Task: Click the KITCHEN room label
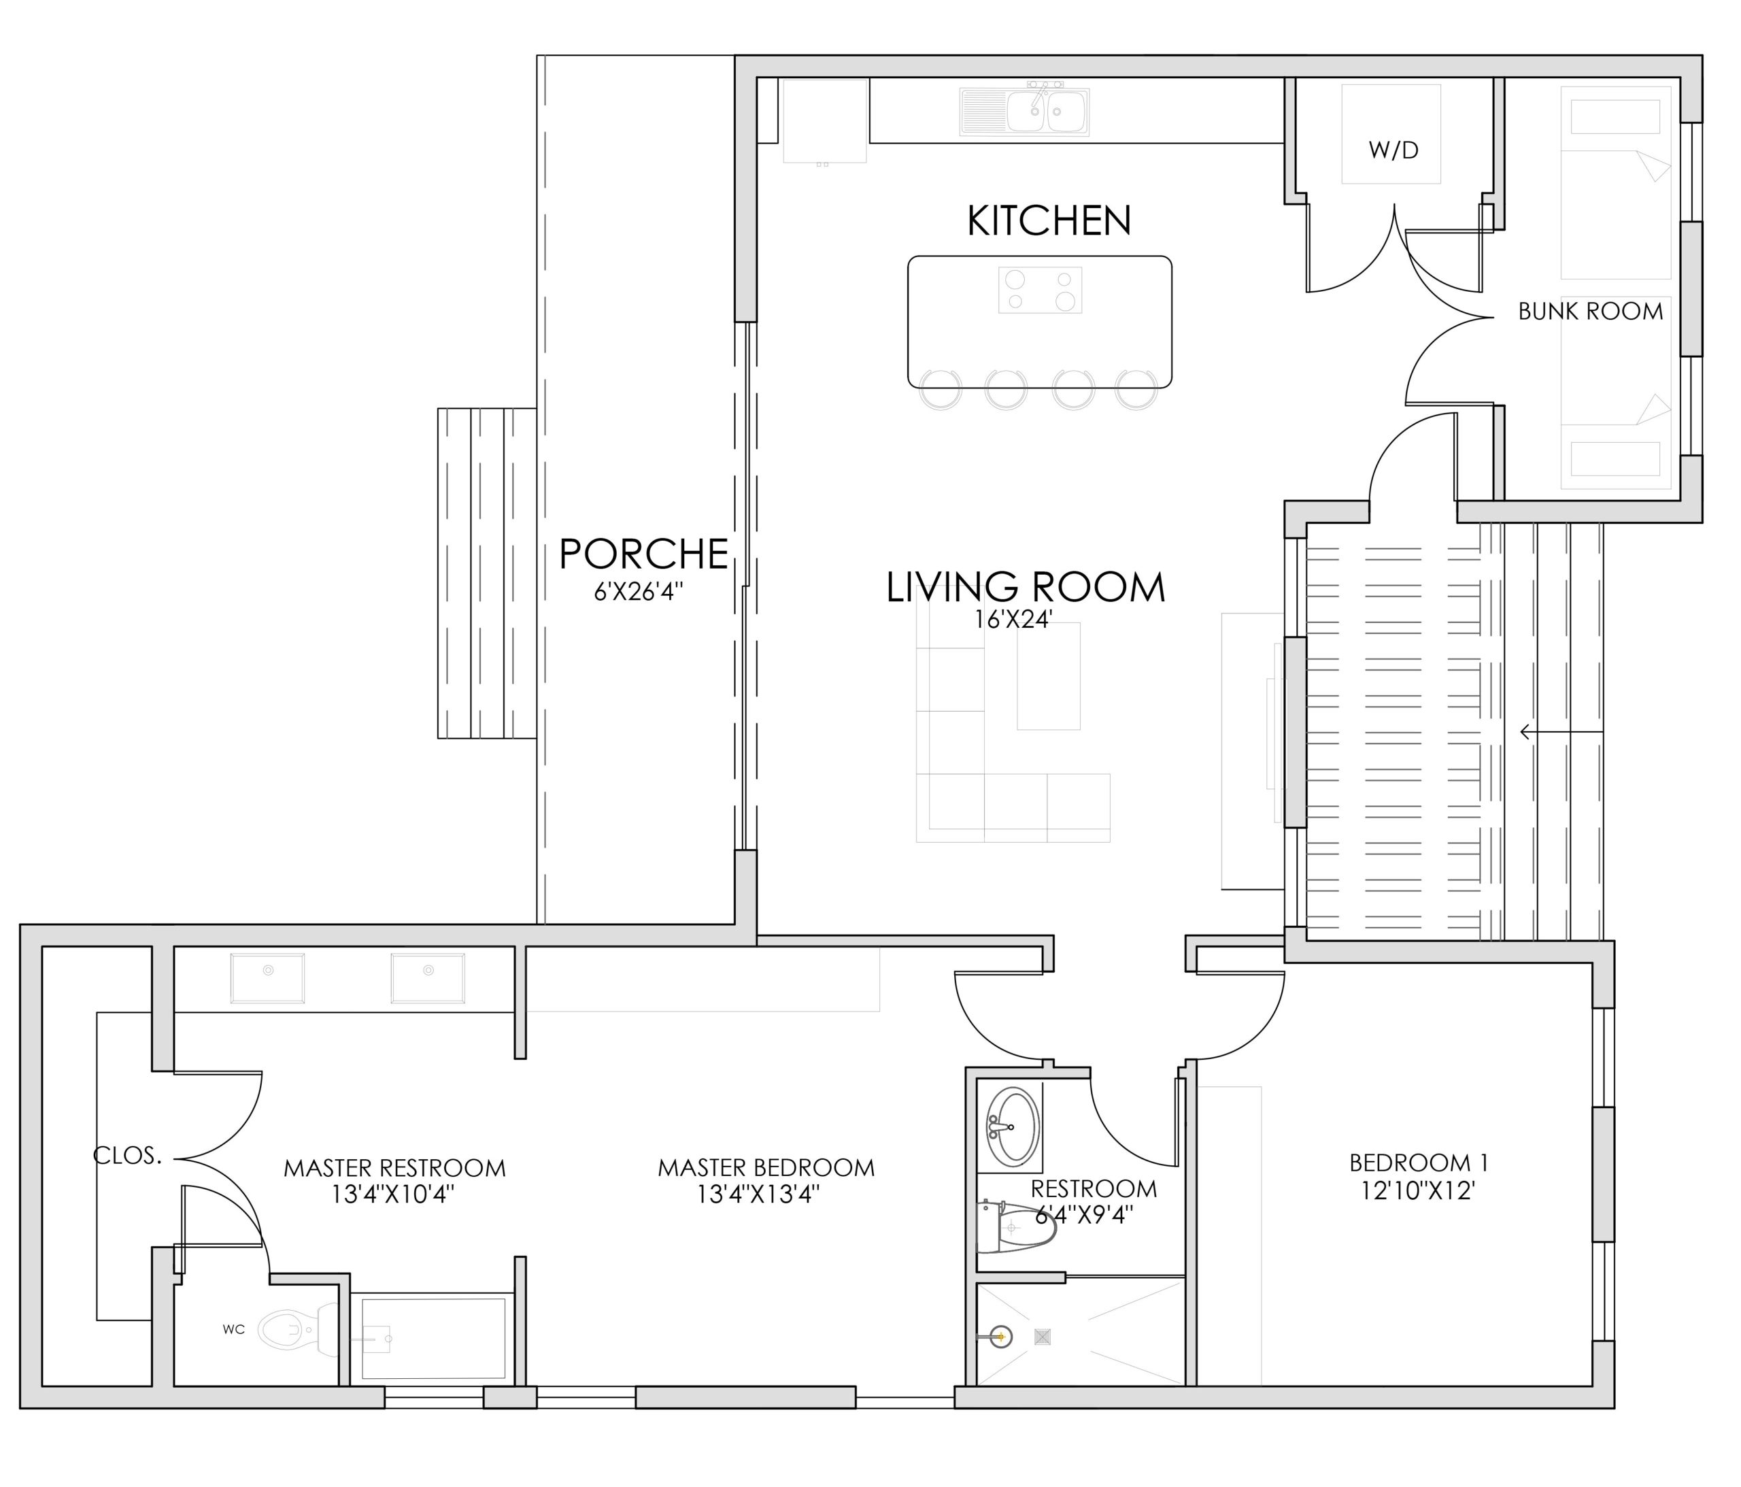(x=1049, y=220)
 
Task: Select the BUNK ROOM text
(x=1591, y=311)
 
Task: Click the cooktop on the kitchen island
(x=1041, y=290)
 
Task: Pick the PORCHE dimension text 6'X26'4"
(x=639, y=592)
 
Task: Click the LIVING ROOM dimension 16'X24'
(x=1014, y=620)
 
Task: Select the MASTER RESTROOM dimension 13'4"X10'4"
(x=393, y=1194)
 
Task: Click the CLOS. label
(x=128, y=1156)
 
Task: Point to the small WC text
(x=233, y=1329)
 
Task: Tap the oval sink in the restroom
(x=1013, y=1126)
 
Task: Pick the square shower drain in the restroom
(x=1043, y=1337)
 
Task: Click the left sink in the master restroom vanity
(x=268, y=978)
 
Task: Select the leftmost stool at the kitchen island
(x=941, y=389)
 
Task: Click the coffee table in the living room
(x=1049, y=677)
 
